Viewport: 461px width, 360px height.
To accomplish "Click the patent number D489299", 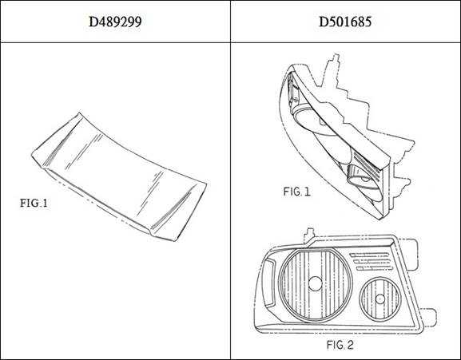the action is pos(115,22).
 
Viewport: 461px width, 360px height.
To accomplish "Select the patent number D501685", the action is pos(345,22).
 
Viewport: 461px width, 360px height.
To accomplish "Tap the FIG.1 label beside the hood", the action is pos(34,203).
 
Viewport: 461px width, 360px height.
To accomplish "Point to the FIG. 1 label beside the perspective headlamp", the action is pos(296,192).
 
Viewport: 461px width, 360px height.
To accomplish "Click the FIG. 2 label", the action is pos(340,345).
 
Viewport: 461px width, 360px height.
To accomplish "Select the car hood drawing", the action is pos(119,176).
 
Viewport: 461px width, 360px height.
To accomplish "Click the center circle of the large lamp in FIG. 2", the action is pos(315,283).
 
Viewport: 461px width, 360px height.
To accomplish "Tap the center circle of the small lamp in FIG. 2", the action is pos(380,299).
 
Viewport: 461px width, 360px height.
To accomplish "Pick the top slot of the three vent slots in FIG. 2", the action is pos(369,255).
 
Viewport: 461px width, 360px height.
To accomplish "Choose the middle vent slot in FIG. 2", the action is pos(372,261).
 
